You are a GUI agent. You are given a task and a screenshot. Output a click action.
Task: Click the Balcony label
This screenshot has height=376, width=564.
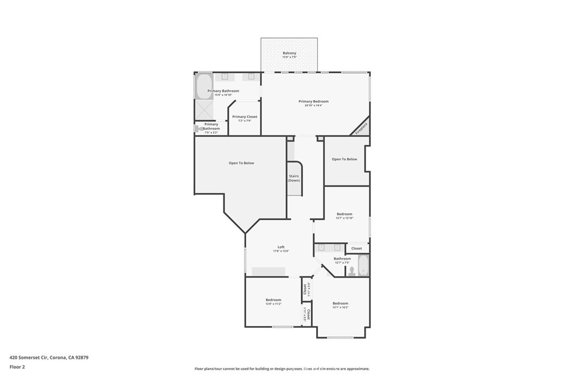289,53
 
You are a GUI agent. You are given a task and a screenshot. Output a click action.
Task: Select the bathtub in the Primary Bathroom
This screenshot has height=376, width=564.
199,86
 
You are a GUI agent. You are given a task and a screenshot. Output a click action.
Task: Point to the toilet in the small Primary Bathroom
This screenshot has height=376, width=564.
197,128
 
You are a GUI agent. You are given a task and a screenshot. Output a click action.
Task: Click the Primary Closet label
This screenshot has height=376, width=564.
245,117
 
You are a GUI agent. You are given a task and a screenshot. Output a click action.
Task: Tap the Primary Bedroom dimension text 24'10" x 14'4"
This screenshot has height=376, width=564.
313,105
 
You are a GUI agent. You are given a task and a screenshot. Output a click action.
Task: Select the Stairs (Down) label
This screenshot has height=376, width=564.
294,178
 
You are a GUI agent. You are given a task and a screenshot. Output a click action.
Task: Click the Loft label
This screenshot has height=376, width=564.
281,247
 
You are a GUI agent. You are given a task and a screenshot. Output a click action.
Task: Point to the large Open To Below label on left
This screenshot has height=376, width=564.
241,163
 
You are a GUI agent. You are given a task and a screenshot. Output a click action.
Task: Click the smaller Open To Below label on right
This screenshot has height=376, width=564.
344,159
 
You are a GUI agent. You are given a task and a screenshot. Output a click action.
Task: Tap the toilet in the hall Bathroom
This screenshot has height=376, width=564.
351,271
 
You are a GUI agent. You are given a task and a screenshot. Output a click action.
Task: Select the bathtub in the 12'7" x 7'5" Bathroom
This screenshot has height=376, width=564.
364,265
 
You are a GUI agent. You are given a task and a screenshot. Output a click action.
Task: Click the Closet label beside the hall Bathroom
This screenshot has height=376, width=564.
357,248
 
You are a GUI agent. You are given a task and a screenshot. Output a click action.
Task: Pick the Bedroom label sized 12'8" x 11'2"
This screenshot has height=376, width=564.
273,300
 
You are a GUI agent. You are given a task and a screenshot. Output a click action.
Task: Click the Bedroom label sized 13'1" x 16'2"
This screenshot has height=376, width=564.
340,303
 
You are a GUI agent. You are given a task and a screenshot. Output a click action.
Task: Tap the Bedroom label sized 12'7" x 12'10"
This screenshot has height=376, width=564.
345,214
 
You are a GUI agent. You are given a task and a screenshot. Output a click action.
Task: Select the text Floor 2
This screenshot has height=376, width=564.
18,366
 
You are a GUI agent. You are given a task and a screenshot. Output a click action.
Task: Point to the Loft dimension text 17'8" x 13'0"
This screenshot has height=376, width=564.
281,251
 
